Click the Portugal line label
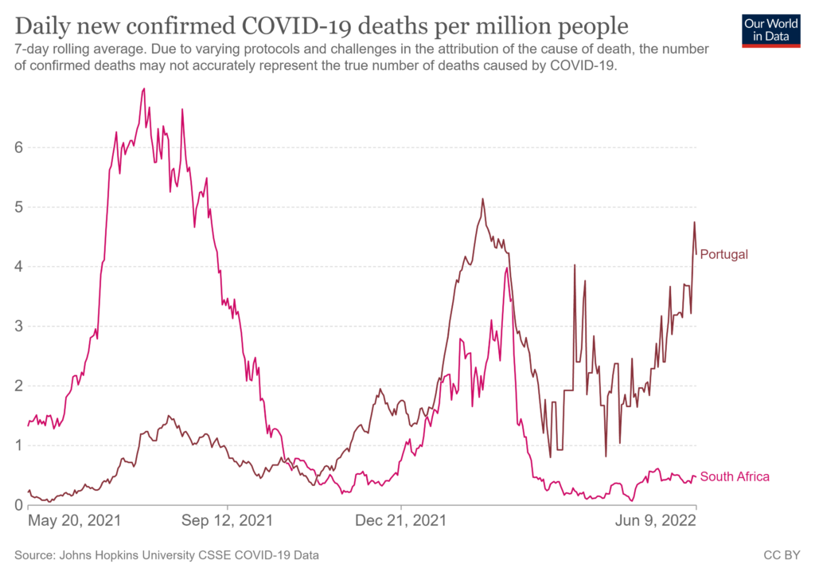click(x=723, y=254)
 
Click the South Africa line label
click(x=735, y=476)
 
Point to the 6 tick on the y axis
click(x=18, y=147)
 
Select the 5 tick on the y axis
click(x=18, y=207)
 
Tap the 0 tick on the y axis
click(x=18, y=505)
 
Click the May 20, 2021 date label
click(x=75, y=521)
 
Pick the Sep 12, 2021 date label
click(x=228, y=521)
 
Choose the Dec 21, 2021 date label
click(x=402, y=521)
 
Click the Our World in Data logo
click(x=770, y=29)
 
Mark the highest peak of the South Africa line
click(x=143, y=88)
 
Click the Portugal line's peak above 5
click(x=482, y=198)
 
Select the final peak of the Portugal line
click(x=694, y=222)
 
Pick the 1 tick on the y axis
click(x=18, y=445)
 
